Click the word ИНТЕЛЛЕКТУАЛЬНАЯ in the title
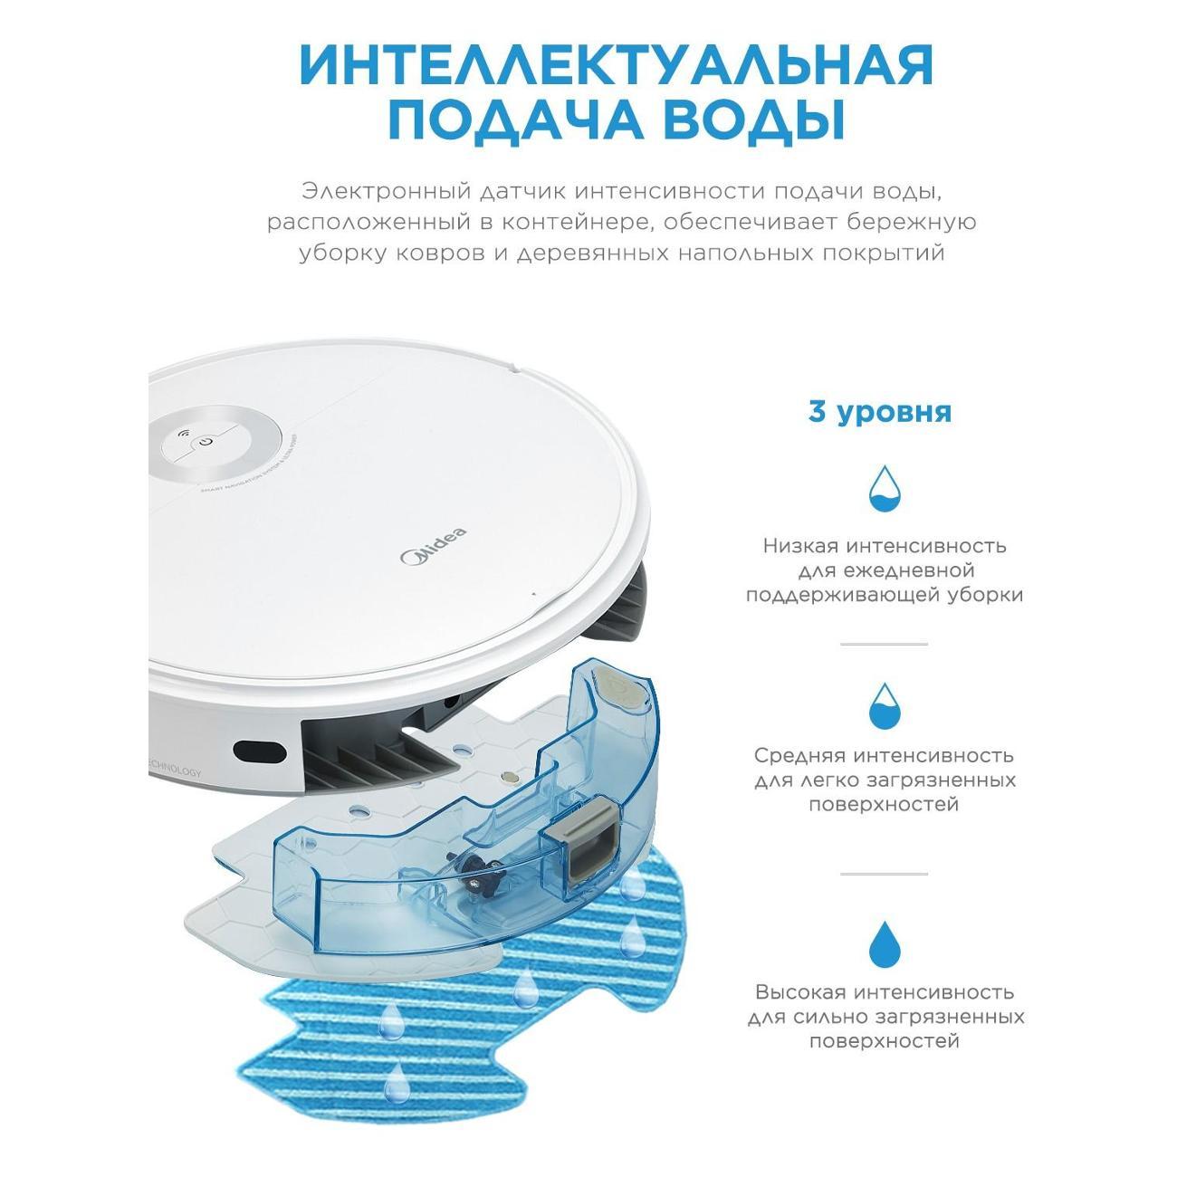616,66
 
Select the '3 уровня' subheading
879,412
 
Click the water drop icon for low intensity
884,489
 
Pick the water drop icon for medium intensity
884,706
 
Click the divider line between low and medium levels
884,644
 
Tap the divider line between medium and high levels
884,874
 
